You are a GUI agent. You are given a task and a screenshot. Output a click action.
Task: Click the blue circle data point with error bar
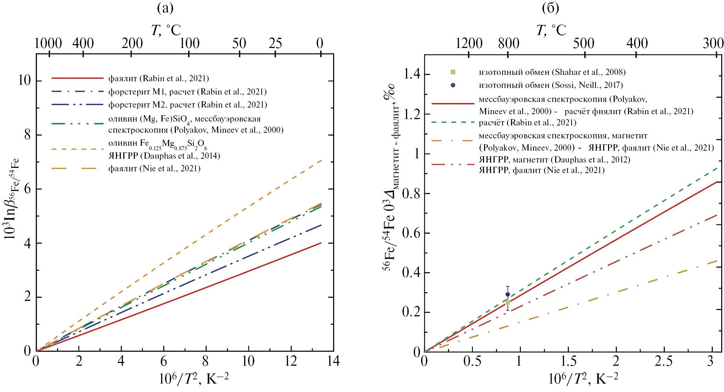508,294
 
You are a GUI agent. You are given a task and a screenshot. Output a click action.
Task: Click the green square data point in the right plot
508,302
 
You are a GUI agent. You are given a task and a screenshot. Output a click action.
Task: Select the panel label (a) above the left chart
165,8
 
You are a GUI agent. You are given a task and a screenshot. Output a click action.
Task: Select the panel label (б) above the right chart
550,8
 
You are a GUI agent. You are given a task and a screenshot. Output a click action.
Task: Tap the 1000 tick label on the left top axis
49,44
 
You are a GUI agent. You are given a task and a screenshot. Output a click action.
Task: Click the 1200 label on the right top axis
469,44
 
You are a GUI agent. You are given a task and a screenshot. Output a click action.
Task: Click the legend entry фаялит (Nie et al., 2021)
154,169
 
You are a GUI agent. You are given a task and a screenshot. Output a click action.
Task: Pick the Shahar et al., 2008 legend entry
552,72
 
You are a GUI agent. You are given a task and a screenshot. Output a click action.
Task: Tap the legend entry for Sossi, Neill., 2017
551,85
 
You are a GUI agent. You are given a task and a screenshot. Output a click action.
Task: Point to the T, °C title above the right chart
551,30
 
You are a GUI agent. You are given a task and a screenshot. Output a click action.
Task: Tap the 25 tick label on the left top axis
275,44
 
